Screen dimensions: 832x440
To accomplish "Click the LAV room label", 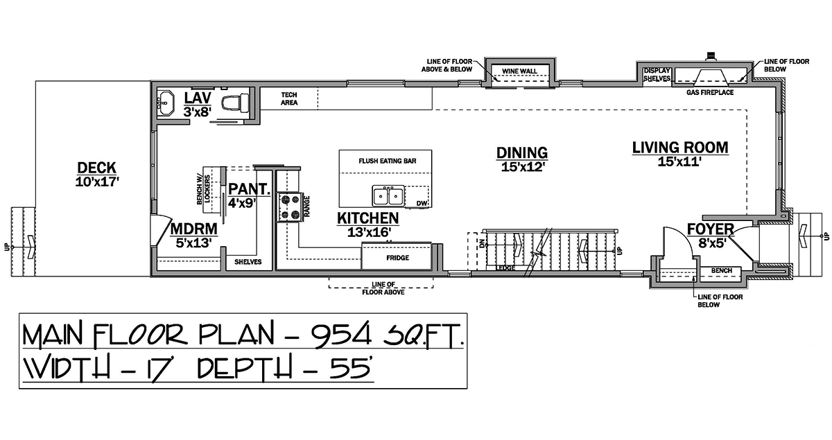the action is (198, 98).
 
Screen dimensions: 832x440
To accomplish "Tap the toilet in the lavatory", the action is (235, 102).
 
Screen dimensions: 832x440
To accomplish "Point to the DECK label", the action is (96, 168).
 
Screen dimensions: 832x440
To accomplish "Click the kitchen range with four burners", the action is (290, 208).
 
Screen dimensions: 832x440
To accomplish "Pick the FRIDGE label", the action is (397, 258).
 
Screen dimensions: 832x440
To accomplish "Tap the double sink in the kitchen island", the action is (388, 195).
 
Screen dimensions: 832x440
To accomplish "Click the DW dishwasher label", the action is (422, 204).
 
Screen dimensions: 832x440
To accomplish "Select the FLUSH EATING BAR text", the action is (388, 161).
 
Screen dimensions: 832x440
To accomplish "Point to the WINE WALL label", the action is (519, 71).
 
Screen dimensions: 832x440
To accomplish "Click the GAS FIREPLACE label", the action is (710, 92).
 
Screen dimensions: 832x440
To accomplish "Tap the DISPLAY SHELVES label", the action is (657, 75).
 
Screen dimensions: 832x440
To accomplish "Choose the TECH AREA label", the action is (289, 99).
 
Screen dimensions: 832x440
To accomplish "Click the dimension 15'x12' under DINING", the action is (523, 167).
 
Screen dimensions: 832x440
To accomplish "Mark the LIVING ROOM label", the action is (680, 148).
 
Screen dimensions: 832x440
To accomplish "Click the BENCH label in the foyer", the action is (721, 271).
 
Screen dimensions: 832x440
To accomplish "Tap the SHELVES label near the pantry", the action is (248, 262).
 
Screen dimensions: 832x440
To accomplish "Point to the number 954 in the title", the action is (342, 335).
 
